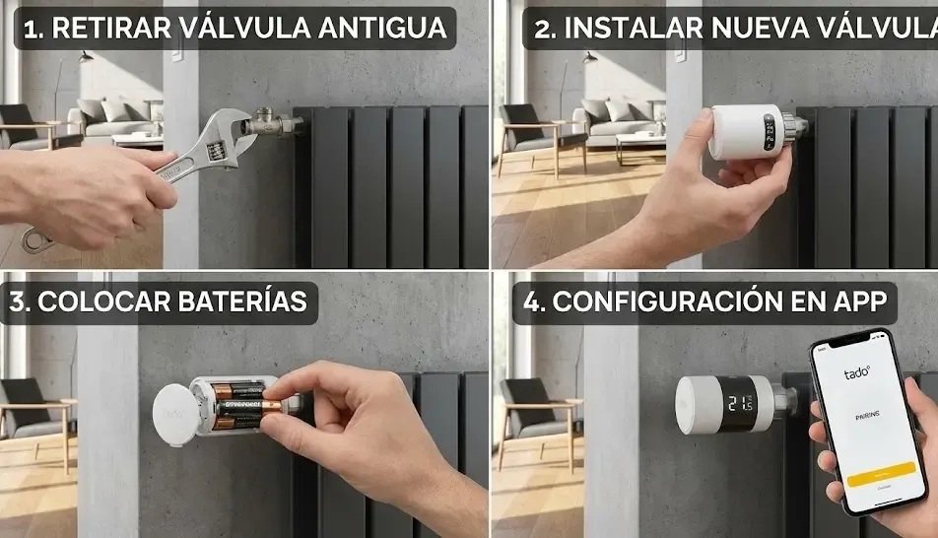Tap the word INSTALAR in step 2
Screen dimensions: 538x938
625,28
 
